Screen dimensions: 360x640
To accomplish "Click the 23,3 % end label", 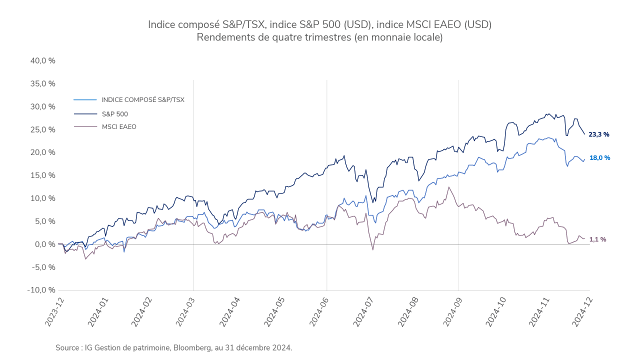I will tap(599, 134).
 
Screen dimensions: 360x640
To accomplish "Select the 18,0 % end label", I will tap(599, 158).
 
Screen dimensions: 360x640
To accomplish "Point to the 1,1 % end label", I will tap(597, 239).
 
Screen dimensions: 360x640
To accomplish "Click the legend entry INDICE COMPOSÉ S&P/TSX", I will tap(142, 100).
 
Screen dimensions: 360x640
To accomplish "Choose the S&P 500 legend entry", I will tap(114, 114).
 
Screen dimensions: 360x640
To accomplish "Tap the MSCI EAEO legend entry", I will tap(118, 127).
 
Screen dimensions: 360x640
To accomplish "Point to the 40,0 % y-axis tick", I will tap(42, 60).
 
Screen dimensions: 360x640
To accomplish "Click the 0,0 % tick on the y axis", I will tap(44, 244).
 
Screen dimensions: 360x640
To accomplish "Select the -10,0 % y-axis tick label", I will tap(41, 290).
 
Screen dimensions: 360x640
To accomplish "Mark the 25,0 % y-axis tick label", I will tap(42, 129).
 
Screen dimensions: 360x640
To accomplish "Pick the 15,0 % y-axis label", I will tap(42, 175).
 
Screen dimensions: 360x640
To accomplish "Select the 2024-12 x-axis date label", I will tap(584, 312).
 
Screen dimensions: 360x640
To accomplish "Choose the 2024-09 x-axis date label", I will tap(452, 312).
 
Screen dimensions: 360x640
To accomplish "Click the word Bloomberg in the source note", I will tap(192, 347).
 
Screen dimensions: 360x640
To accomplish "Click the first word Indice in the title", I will tap(160, 24).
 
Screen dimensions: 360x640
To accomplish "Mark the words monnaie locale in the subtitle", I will tap(410, 37).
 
